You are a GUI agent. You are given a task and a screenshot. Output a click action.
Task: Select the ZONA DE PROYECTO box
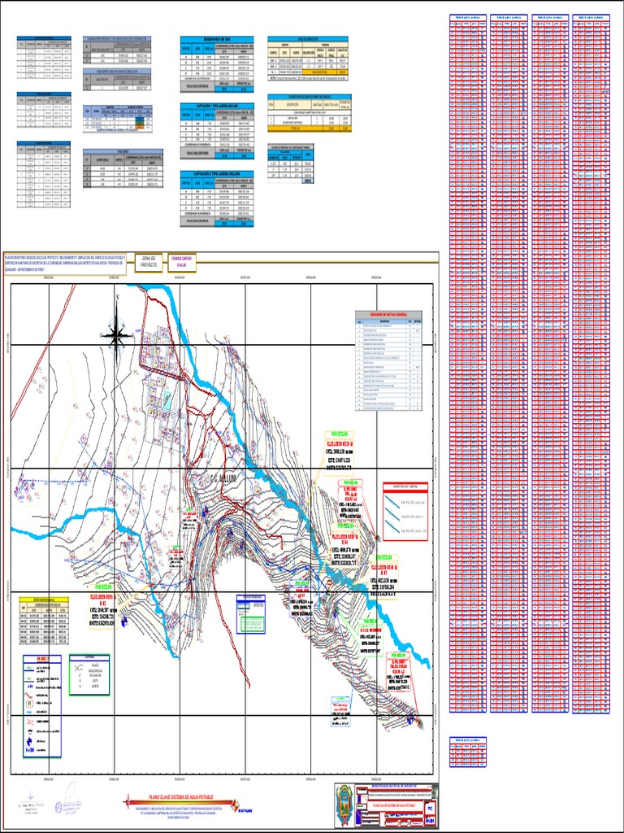[x=148, y=261]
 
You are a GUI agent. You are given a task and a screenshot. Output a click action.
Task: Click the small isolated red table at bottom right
[x=468, y=753]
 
